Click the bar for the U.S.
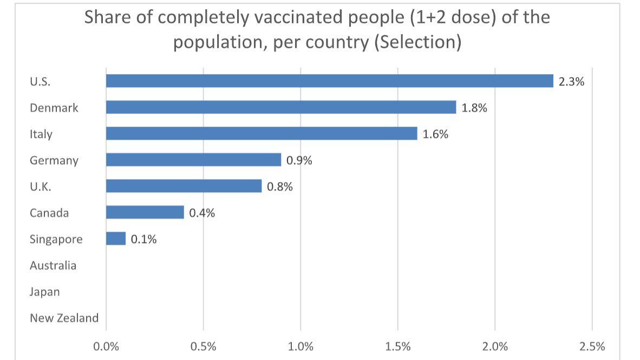[x=329, y=81]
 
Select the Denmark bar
[x=280, y=107]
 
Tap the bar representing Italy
[x=261, y=133]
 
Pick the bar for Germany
[x=193, y=160]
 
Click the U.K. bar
[x=184, y=186]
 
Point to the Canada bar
[x=145, y=212]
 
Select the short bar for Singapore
[x=115, y=239]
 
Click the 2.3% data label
[x=572, y=82]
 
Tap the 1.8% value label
[x=474, y=108]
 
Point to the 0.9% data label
[x=299, y=160]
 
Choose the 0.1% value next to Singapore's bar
[x=143, y=239]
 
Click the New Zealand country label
[x=64, y=318]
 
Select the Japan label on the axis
[x=44, y=292]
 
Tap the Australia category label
[x=53, y=266]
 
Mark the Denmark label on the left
[x=54, y=108]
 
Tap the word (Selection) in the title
[x=417, y=42]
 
